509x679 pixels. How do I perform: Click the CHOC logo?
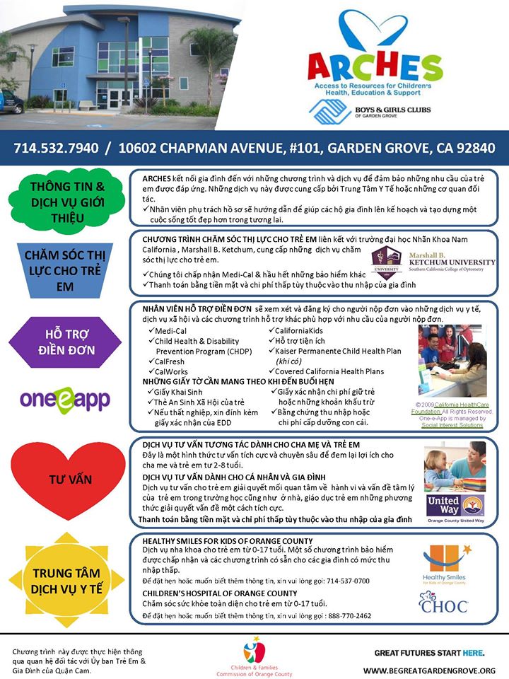click(443, 604)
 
